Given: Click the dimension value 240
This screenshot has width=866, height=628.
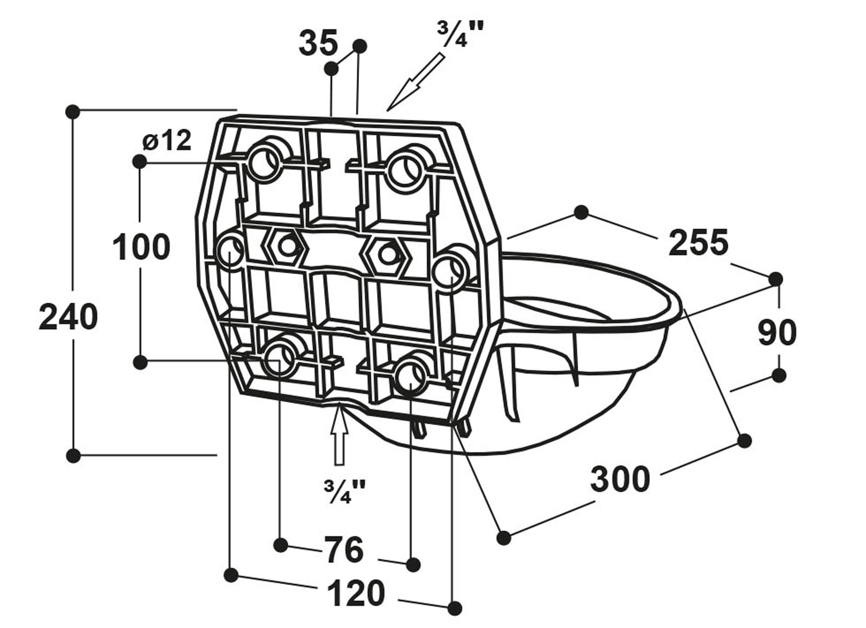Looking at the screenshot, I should (x=68, y=317).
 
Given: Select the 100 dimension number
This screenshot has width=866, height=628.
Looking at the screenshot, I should (x=141, y=247).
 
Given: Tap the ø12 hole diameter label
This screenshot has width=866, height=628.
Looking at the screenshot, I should (x=167, y=141).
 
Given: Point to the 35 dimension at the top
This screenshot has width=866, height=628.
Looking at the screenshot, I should (x=318, y=43).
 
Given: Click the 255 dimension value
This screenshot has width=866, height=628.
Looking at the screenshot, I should (x=698, y=243).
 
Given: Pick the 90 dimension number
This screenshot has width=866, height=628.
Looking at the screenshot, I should (x=777, y=333).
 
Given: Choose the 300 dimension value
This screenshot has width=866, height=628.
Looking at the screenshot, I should (x=621, y=479).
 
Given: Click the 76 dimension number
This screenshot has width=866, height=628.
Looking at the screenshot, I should (x=344, y=550).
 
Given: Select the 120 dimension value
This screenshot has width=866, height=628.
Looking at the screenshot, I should (x=355, y=593).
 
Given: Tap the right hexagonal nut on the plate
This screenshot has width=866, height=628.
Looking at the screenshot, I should (x=388, y=255).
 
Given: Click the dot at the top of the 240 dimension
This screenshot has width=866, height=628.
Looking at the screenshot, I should (x=73, y=111).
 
